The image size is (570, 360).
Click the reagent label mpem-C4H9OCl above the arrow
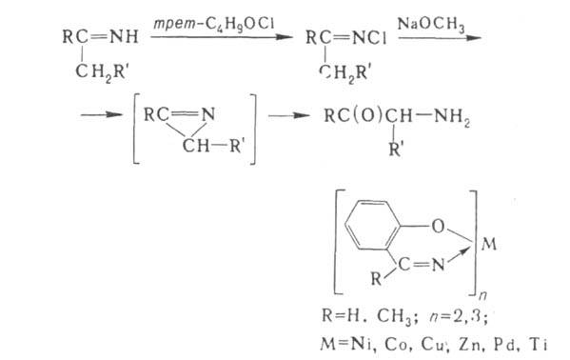[214, 25]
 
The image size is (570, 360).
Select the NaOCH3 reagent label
[431, 25]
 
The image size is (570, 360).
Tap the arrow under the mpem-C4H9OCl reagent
[222, 37]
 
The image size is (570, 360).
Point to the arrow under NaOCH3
[440, 38]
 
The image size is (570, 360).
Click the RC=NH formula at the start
[100, 37]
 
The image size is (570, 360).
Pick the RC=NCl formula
[345, 37]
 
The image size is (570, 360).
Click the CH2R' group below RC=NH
[102, 72]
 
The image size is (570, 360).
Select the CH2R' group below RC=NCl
[344, 73]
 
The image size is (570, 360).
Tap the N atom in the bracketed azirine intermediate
[208, 114]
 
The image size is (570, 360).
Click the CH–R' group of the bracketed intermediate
[213, 147]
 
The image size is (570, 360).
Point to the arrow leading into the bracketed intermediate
[102, 115]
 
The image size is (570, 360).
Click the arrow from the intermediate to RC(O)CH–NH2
[289, 116]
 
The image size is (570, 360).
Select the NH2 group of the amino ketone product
[452, 116]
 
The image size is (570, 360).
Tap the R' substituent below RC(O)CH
[396, 149]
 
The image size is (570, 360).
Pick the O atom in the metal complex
[438, 227]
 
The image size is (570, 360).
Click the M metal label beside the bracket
[488, 244]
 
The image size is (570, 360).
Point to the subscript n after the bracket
[482, 296]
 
